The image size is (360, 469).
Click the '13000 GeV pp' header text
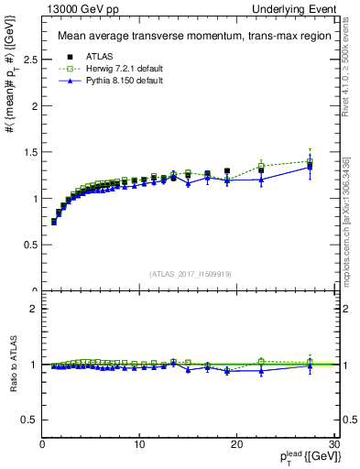click(x=70, y=9)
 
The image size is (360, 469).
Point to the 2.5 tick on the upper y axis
click(x=30, y=59)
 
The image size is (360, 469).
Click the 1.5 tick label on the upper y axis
click(x=30, y=152)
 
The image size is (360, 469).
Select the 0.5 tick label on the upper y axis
click(x=30, y=245)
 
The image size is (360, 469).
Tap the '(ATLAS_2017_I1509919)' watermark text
click(x=189, y=273)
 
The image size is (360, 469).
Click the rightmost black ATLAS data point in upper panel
click(x=310, y=167)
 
